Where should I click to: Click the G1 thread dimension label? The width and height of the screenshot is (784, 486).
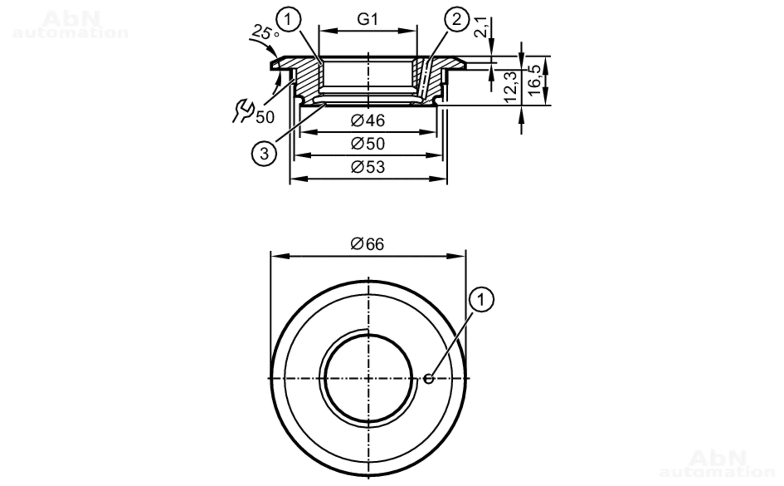tap(367, 19)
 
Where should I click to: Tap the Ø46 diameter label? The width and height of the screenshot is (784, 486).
tap(368, 120)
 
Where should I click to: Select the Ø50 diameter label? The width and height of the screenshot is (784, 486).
tap(368, 143)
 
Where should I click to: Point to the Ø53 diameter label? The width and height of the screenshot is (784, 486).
tap(368, 167)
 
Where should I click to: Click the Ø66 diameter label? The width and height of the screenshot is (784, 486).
tap(367, 244)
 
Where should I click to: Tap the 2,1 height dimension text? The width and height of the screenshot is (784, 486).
tap(481, 27)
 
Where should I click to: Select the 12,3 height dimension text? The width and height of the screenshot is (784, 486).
tap(511, 87)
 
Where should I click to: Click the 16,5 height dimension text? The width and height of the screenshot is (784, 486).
tap(534, 80)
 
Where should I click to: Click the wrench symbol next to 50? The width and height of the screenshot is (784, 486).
tap(243, 111)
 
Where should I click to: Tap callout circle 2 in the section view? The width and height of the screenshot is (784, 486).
tap(457, 19)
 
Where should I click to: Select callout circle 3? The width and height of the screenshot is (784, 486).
tap(264, 153)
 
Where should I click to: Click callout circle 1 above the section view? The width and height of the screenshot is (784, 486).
tap(288, 19)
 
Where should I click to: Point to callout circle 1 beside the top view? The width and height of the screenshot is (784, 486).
tap(481, 300)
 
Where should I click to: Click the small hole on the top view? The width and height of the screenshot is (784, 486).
tap(429, 379)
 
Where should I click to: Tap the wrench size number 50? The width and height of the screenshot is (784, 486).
tap(265, 117)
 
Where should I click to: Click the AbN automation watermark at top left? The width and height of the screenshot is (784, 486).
tap(71, 24)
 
